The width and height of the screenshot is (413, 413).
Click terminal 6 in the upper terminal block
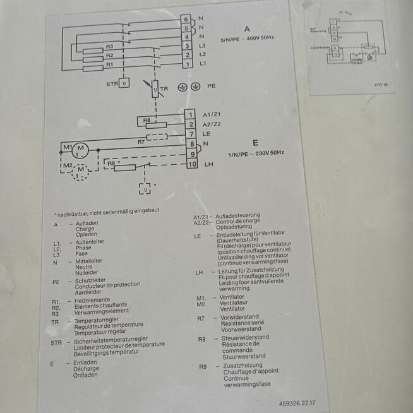tap(186, 19)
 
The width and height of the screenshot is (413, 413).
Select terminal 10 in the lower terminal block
tap(193, 164)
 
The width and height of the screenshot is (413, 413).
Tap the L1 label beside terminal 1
tap(203, 64)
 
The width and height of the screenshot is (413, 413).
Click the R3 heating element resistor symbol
tap(93, 51)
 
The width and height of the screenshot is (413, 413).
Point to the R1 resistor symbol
tap(93, 68)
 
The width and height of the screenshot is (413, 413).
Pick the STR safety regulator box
tap(124, 83)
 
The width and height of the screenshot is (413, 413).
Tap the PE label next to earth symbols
tap(211, 86)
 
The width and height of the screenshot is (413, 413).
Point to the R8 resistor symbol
tap(155, 125)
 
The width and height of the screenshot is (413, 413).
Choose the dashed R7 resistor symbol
tap(155, 136)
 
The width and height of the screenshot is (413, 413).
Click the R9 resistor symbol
tap(125, 167)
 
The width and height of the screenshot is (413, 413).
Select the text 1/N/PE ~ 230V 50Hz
tap(256, 153)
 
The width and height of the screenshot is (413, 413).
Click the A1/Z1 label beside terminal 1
tap(212, 114)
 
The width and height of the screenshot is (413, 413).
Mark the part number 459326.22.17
tap(296, 402)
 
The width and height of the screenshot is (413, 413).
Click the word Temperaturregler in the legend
tap(95, 321)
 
